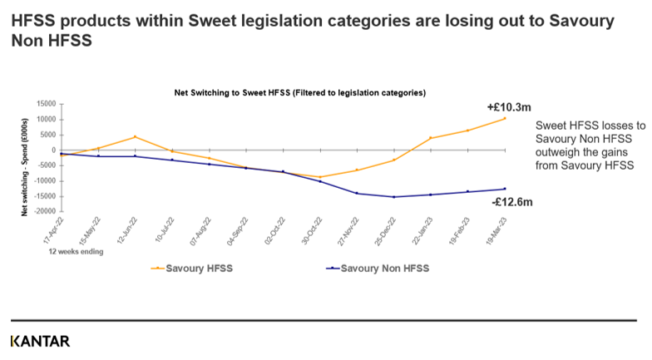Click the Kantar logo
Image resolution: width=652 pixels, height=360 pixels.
(40, 341)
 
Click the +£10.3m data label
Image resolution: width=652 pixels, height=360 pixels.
(504, 107)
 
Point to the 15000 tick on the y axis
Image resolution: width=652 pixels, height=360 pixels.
(44, 104)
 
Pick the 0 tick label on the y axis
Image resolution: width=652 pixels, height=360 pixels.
(52, 150)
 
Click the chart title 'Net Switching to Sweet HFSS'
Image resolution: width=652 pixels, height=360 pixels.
(299, 93)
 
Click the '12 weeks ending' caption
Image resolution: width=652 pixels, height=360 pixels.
(76, 251)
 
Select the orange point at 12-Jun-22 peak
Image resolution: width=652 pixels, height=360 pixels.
(136, 137)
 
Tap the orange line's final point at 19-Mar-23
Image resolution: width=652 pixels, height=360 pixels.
(505, 118)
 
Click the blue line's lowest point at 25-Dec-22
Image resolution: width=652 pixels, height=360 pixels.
(394, 197)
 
